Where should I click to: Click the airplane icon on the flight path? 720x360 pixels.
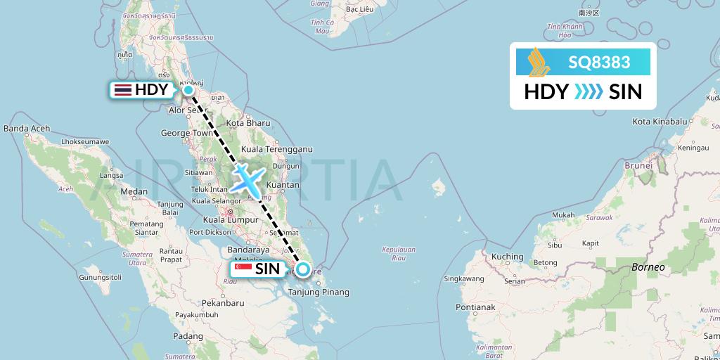[248, 180]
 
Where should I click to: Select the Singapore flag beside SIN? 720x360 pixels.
[243, 269]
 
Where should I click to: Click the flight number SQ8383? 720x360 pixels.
[599, 62]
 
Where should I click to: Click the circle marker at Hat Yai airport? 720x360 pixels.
[188, 89]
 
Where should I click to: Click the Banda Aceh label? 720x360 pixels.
[27, 129]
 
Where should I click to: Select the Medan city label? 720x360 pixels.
[134, 191]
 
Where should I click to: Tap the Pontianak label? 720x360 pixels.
[475, 307]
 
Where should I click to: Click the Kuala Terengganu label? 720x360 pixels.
[276, 149]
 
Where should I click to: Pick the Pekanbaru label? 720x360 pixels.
[219, 303]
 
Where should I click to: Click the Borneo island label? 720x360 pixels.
[648, 267]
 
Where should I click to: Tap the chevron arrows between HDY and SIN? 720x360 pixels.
[588, 92]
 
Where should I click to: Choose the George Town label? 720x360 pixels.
[186, 132]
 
